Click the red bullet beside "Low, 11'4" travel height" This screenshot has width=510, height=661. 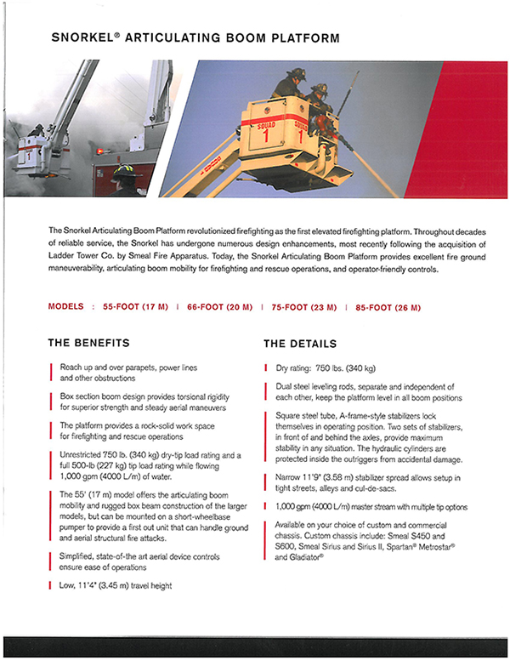51,585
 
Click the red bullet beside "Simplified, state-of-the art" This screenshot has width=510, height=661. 51,560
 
